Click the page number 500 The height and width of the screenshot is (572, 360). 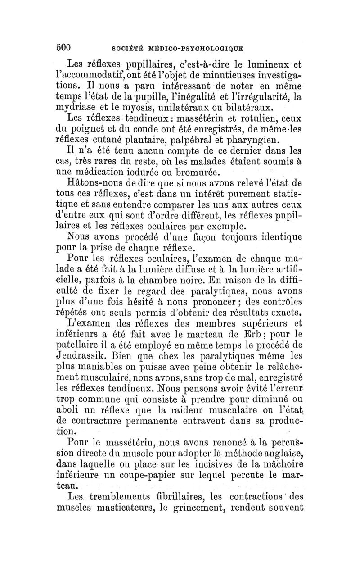(65, 47)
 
